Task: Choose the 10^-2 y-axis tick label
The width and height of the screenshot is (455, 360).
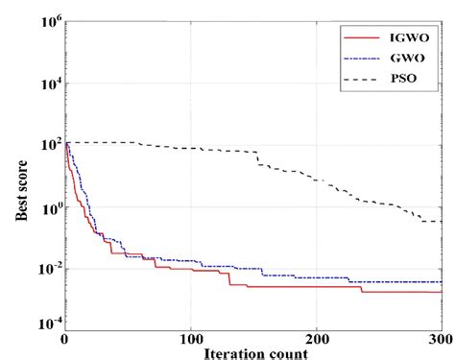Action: [x=43, y=269]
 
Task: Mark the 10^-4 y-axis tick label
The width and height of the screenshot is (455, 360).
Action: [x=43, y=324]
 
